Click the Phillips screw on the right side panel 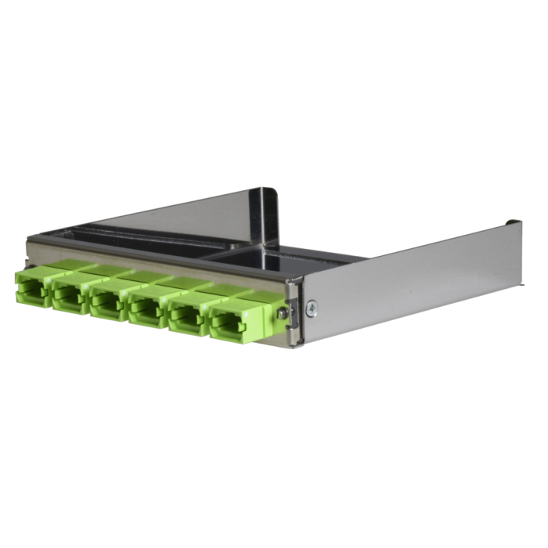click(x=311, y=307)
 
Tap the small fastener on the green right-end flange click(x=284, y=314)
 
